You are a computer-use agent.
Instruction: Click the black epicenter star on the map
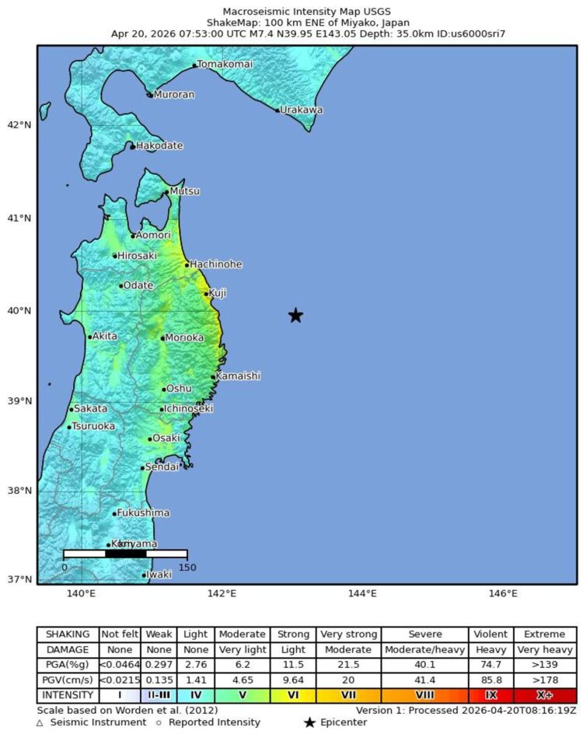point(295,315)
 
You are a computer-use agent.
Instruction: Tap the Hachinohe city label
point(216,264)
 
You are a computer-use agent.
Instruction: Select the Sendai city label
point(162,467)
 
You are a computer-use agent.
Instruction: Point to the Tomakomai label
point(225,65)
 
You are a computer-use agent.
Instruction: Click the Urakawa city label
point(302,110)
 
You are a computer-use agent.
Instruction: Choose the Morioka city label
point(185,337)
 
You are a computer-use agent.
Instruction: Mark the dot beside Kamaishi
point(213,377)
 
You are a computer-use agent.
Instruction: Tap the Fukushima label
point(144,512)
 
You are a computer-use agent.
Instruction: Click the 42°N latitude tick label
point(19,124)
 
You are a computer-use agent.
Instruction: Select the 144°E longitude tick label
point(362,594)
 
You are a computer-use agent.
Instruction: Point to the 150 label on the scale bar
point(187,567)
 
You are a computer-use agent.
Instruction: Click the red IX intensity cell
point(490,694)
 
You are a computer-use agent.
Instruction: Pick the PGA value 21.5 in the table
point(348,665)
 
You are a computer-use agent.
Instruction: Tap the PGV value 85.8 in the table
point(490,680)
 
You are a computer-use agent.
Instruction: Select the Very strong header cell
point(348,634)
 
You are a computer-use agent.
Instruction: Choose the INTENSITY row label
point(68,694)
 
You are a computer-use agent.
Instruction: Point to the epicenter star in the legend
point(309,723)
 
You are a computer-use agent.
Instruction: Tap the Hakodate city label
point(159,145)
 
